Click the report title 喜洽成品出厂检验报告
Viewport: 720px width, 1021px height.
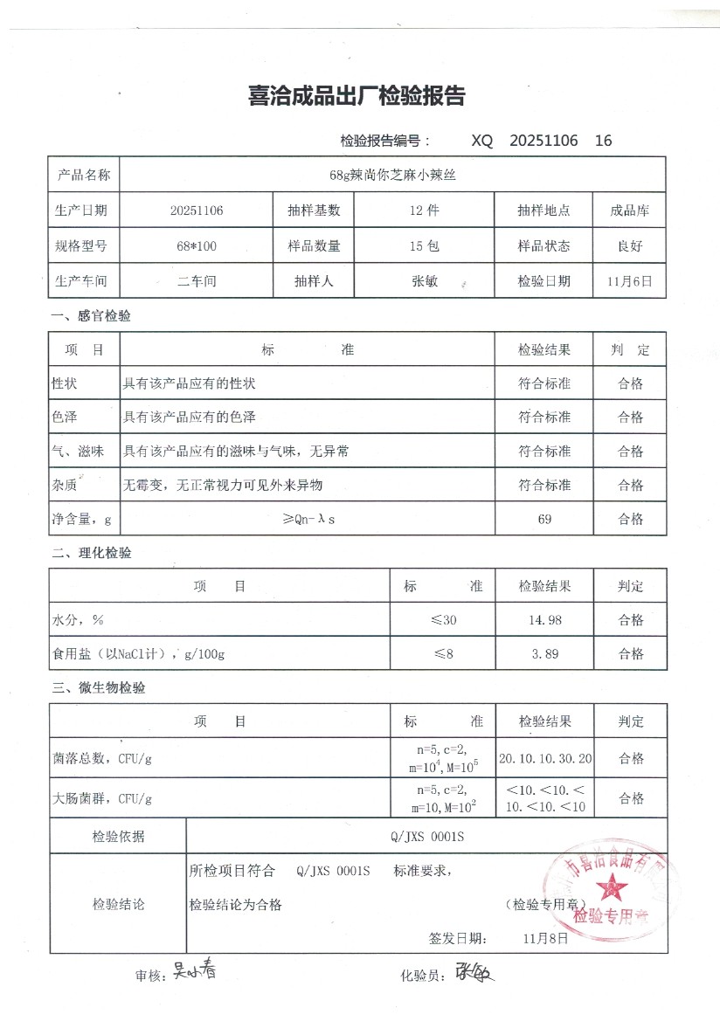[357, 97]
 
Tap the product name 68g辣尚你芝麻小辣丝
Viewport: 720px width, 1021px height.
[392, 175]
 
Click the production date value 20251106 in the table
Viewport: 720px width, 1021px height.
[197, 210]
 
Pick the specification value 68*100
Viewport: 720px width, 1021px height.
[197, 246]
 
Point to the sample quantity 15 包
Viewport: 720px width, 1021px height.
[425, 246]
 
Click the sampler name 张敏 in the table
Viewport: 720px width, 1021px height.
[425, 281]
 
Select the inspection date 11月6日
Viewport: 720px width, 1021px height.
[629, 281]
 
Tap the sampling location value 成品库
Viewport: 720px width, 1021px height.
[629, 210]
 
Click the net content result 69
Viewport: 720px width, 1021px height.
[544, 519]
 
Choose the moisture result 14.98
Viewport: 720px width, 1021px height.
[544, 620]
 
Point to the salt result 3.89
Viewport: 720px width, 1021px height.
[544, 653]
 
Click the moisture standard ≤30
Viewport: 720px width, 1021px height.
[443, 620]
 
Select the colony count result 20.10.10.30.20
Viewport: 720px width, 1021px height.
[544, 758]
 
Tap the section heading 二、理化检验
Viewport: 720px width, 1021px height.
[92, 553]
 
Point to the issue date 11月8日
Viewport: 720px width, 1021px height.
[546, 939]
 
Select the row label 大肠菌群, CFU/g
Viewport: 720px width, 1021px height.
[102, 798]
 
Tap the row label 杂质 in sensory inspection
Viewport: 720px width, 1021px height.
[65, 485]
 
